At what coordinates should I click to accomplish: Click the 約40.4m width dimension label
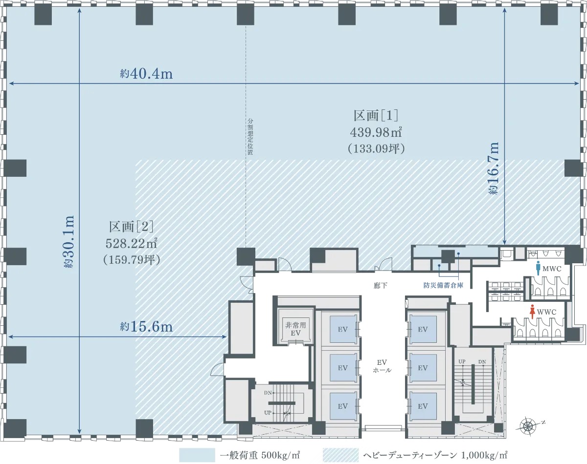(x=146, y=74)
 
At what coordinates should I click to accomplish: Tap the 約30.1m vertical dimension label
(x=69, y=242)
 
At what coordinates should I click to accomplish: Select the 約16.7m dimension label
(x=493, y=168)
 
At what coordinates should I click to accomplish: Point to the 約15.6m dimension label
(x=146, y=326)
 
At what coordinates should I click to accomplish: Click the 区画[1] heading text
(x=376, y=116)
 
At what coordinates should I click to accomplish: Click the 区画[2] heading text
(x=131, y=227)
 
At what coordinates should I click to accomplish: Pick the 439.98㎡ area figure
(x=376, y=132)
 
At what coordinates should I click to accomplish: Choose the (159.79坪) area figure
(x=132, y=260)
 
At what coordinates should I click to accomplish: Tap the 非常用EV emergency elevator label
(x=295, y=329)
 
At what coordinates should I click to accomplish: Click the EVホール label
(x=382, y=366)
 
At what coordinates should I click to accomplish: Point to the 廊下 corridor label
(x=381, y=286)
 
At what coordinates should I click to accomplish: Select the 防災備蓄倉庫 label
(x=443, y=285)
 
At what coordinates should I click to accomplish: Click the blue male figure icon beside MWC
(x=538, y=268)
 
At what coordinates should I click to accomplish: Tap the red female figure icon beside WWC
(x=532, y=312)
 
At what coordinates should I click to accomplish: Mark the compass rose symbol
(x=528, y=426)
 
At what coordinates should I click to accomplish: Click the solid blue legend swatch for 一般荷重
(x=197, y=455)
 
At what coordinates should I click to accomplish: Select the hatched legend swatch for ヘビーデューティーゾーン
(x=340, y=455)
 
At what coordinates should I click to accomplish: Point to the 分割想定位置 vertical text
(x=250, y=136)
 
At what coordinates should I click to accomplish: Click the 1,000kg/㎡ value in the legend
(x=484, y=455)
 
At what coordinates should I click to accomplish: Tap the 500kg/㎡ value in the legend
(x=281, y=455)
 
